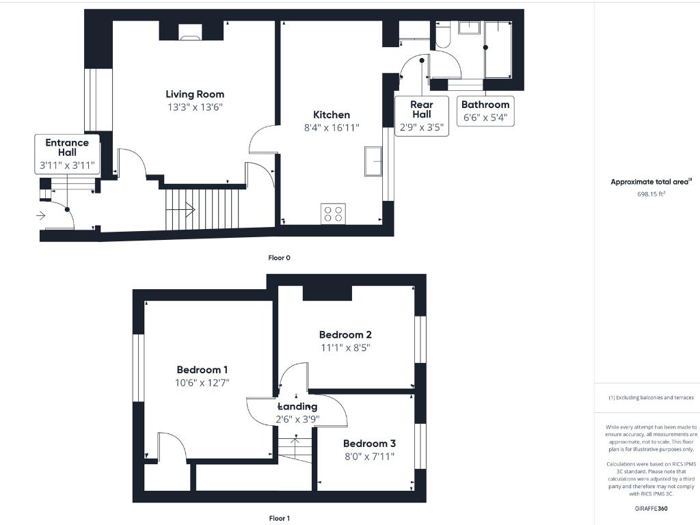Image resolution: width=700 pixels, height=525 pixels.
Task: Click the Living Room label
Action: pyautogui.click(x=195, y=94)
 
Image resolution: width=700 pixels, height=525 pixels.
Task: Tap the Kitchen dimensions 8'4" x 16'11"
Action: pyautogui.click(x=332, y=127)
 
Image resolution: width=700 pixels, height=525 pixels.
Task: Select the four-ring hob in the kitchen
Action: pyautogui.click(x=333, y=213)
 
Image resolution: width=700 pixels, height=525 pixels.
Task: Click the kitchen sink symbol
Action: pyautogui.click(x=373, y=161)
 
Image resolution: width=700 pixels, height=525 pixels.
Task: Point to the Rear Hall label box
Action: pyautogui.click(x=422, y=116)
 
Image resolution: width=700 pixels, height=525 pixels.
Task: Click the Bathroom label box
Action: pyautogui.click(x=485, y=111)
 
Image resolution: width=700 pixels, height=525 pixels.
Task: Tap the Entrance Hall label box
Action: pyautogui.click(x=67, y=154)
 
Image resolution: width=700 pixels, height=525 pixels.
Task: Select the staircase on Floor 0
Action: pyautogui.click(x=203, y=208)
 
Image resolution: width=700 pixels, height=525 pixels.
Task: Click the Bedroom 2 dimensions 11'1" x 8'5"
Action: pyautogui.click(x=345, y=347)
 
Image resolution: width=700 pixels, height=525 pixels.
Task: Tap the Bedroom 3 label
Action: pyautogui.click(x=369, y=443)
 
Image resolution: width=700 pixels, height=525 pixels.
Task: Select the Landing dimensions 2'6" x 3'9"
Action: pyautogui.click(x=297, y=419)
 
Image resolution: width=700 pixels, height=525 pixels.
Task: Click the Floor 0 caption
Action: pyautogui.click(x=279, y=258)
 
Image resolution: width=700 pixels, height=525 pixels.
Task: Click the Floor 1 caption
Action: pyautogui.click(x=279, y=518)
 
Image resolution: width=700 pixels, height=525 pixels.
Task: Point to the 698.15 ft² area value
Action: pyautogui.click(x=651, y=194)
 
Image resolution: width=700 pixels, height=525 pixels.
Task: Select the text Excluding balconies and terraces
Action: pyautogui.click(x=652, y=397)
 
